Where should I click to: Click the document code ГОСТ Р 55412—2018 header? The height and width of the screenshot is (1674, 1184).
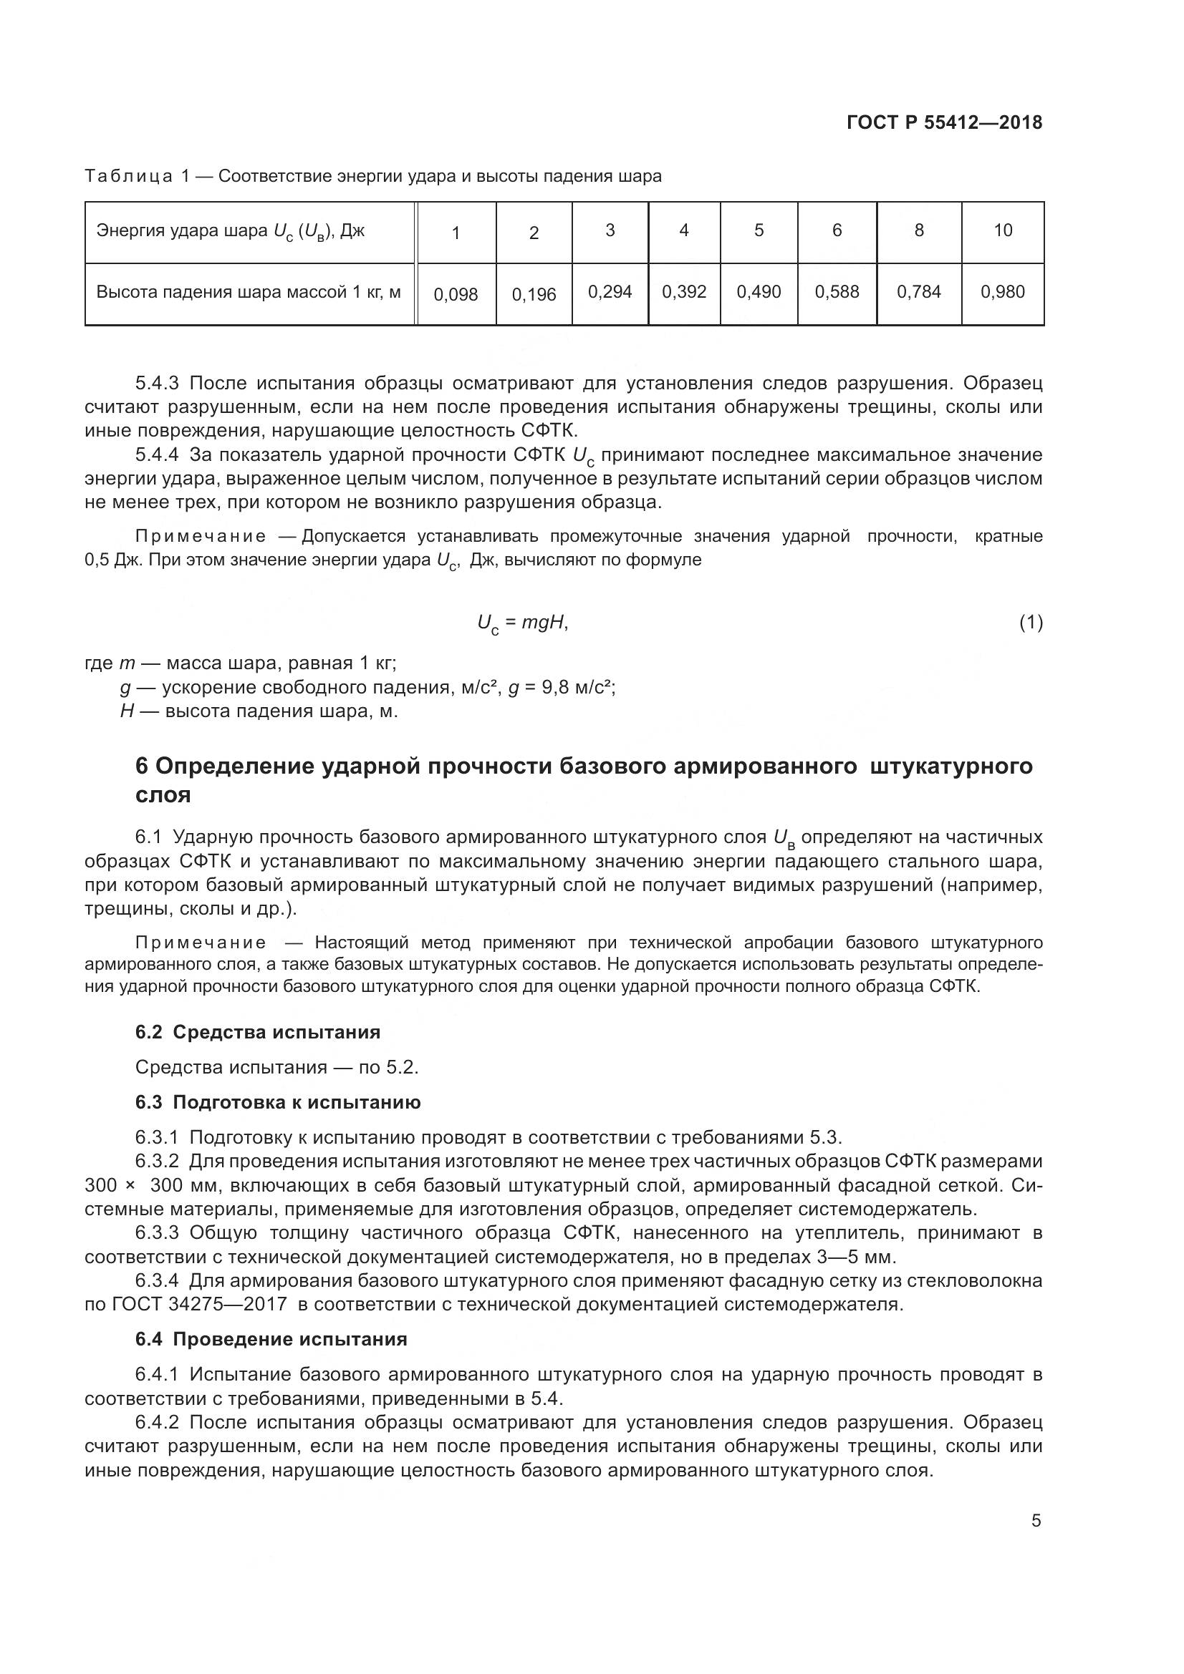[944, 122]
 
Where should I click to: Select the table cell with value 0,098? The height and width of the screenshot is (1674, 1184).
[456, 295]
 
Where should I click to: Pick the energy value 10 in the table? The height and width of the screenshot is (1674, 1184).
[1002, 230]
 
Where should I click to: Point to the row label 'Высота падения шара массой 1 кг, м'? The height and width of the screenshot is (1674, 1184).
[248, 293]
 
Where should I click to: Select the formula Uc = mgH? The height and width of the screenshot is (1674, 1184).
[522, 623]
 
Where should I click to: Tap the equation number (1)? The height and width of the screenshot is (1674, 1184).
[1030, 623]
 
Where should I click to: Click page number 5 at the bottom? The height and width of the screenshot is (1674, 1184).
[1036, 1521]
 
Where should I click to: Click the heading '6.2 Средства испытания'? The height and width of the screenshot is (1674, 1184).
[258, 1032]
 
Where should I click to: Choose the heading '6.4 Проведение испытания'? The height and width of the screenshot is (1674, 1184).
[271, 1339]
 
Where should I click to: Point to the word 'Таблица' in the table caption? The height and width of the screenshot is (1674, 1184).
[128, 177]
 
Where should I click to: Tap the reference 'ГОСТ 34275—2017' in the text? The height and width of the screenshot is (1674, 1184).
[199, 1305]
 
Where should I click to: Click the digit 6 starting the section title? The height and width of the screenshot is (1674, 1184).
[142, 767]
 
